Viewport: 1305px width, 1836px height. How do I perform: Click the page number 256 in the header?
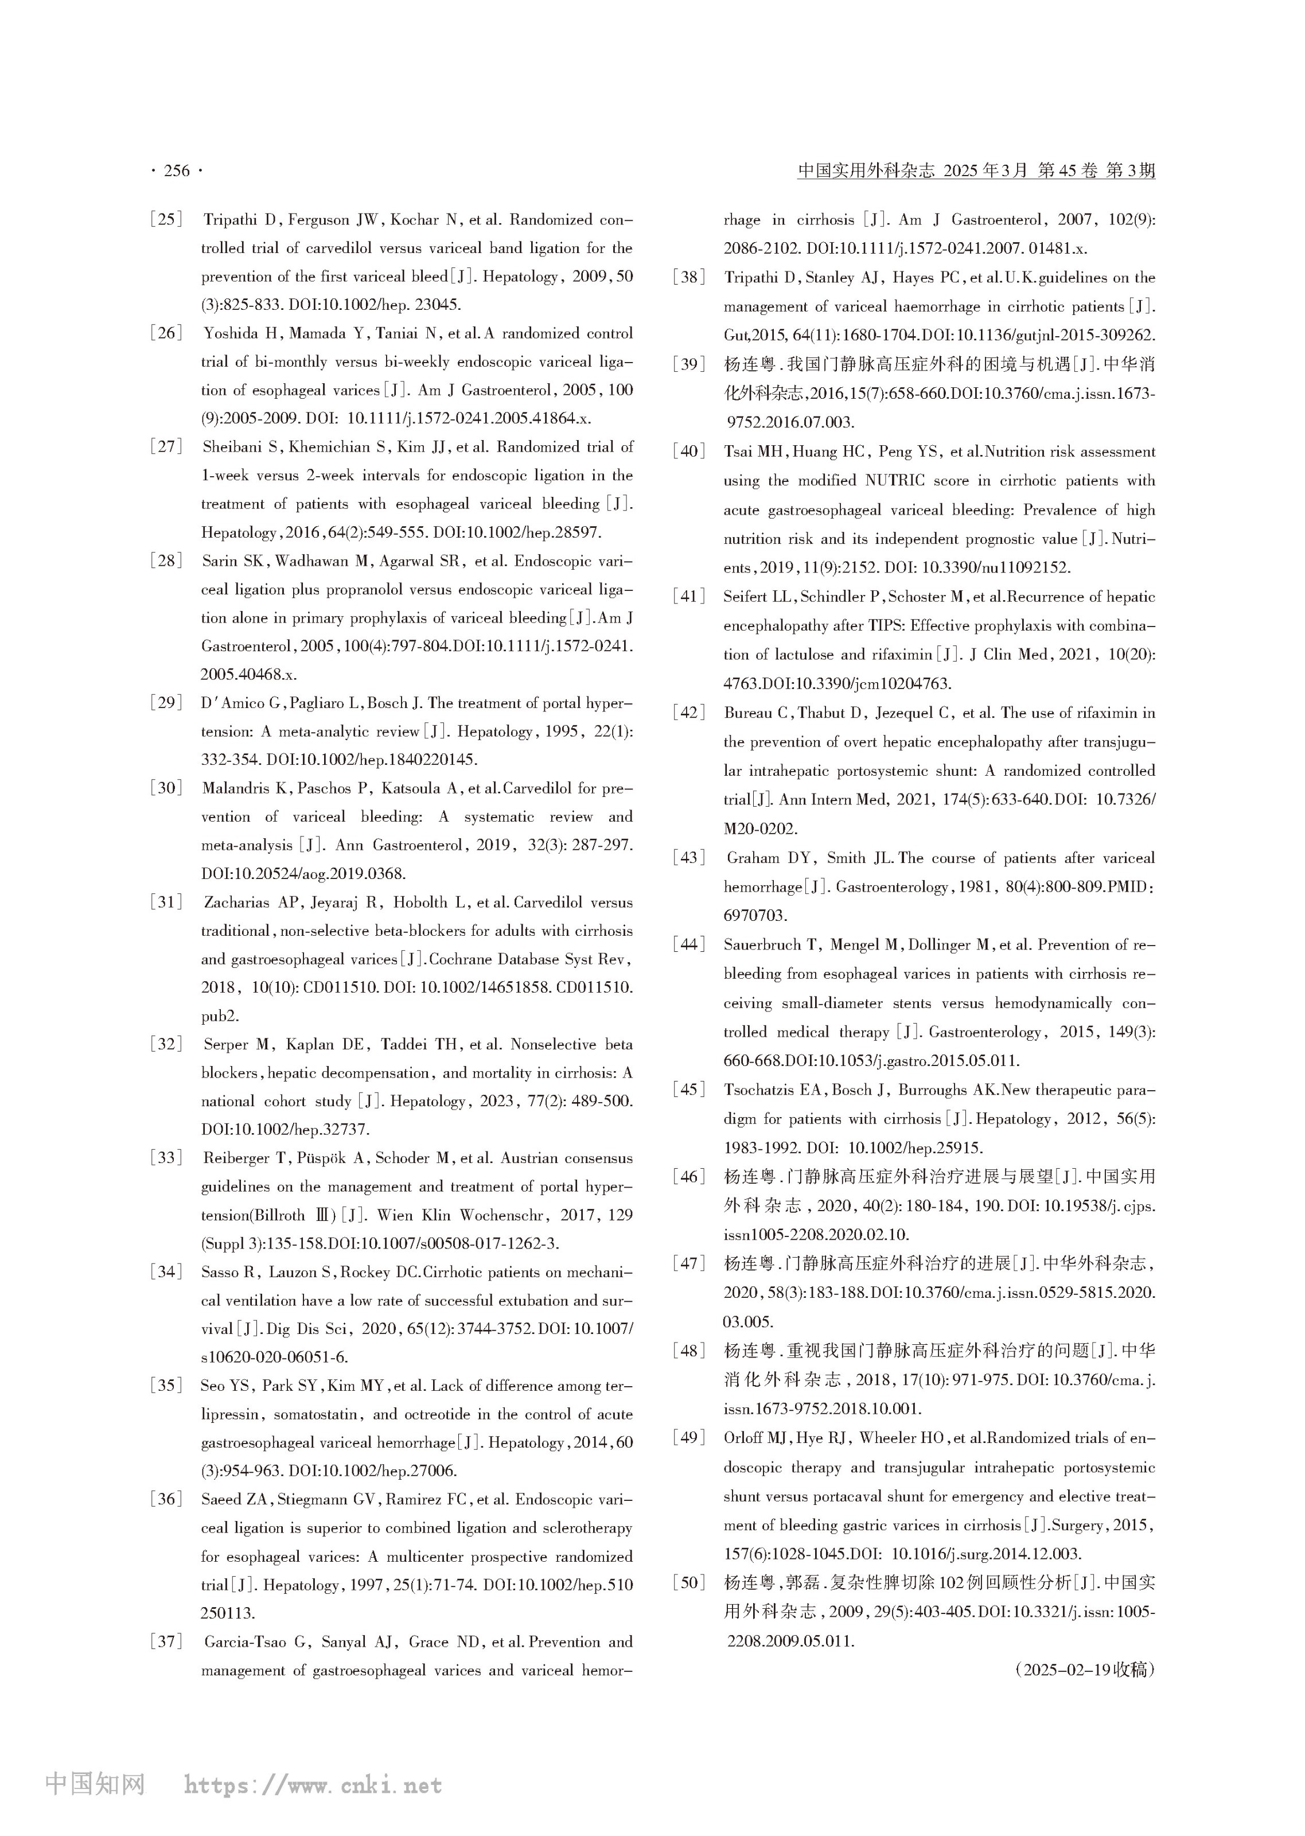coord(177,171)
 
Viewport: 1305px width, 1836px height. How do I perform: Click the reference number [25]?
coord(166,219)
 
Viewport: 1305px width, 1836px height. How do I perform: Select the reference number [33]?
coord(166,1158)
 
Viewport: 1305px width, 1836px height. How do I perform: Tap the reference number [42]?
coord(689,713)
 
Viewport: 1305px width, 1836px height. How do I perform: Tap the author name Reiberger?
coord(238,1158)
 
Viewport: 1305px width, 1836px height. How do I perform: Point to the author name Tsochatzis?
coord(766,1090)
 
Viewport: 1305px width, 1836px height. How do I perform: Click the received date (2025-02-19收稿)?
coord(1084,1670)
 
